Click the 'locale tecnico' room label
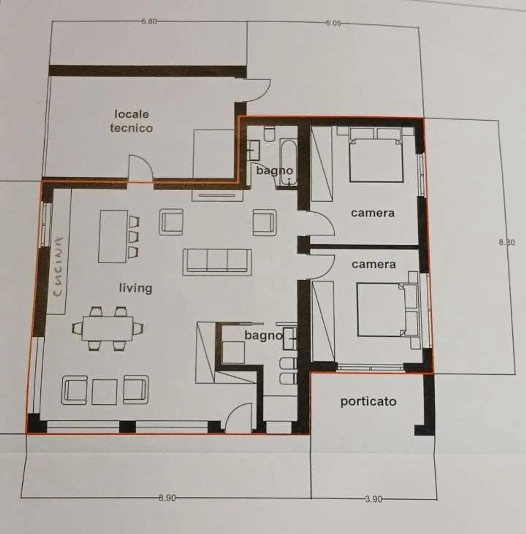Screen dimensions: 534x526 [x=131, y=121]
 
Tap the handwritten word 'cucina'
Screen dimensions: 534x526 [x=58, y=267]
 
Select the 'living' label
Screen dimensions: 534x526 [x=136, y=288]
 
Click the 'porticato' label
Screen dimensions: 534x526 [x=368, y=401]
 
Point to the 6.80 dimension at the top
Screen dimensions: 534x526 [x=149, y=21]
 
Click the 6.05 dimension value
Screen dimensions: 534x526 [x=333, y=23]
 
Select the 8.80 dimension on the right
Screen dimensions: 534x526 [x=507, y=242]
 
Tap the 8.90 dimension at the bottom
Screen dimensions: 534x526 [x=167, y=498]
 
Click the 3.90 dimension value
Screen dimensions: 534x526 [x=373, y=499]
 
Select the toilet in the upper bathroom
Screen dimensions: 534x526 [x=270, y=134]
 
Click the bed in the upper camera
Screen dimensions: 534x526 [x=376, y=157]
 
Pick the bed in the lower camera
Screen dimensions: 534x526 [x=384, y=310]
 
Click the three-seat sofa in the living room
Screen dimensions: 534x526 [x=217, y=262]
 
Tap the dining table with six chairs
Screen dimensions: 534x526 [x=107, y=328]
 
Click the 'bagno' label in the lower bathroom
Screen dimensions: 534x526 [x=263, y=335]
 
